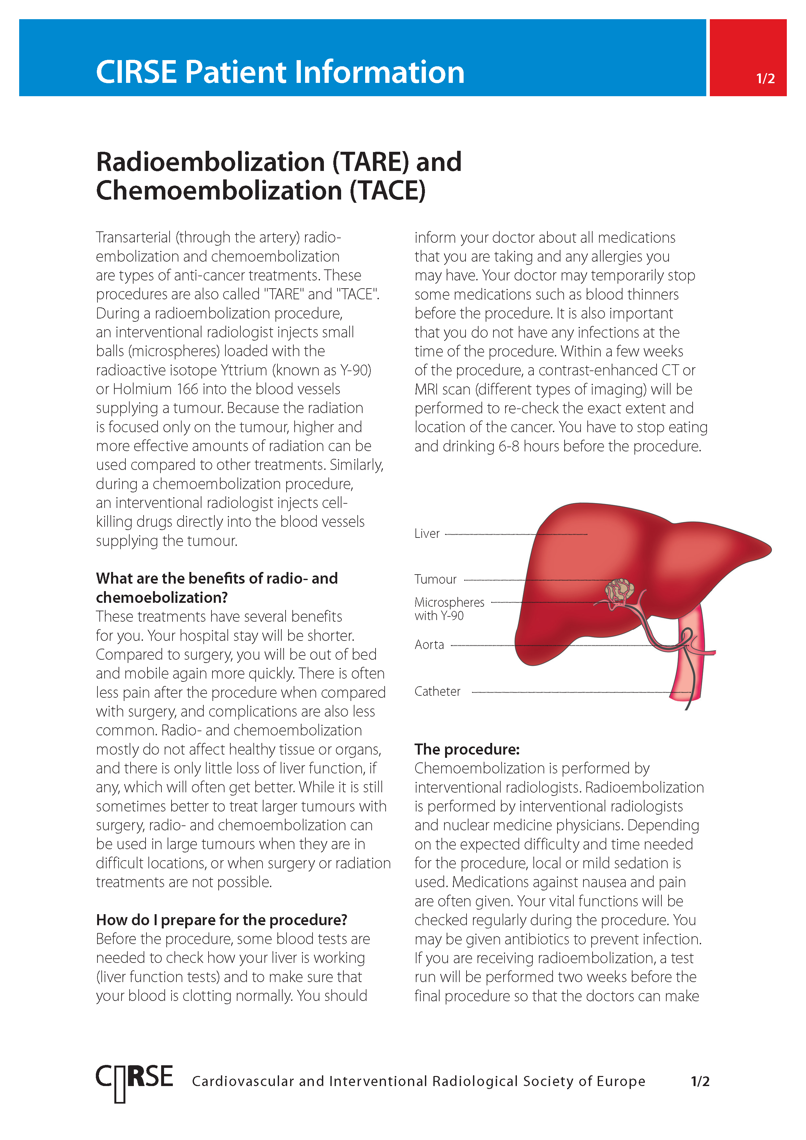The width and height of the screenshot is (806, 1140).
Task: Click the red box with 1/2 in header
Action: pyautogui.click(x=748, y=58)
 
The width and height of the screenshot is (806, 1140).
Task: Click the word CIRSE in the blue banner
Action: pyautogui.click(x=136, y=72)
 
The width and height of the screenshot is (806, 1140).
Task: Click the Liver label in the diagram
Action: pyautogui.click(x=427, y=534)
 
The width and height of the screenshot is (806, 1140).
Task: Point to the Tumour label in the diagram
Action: pyautogui.click(x=435, y=579)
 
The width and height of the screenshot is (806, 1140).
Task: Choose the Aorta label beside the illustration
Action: pyautogui.click(x=429, y=645)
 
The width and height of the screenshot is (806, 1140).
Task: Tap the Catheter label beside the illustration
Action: pyautogui.click(x=437, y=692)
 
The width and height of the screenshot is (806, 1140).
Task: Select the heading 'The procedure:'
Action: pyautogui.click(x=467, y=749)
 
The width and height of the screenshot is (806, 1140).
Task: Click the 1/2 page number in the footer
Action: pyautogui.click(x=700, y=1082)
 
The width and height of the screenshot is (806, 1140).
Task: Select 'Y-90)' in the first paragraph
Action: pyautogui.click(x=355, y=370)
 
